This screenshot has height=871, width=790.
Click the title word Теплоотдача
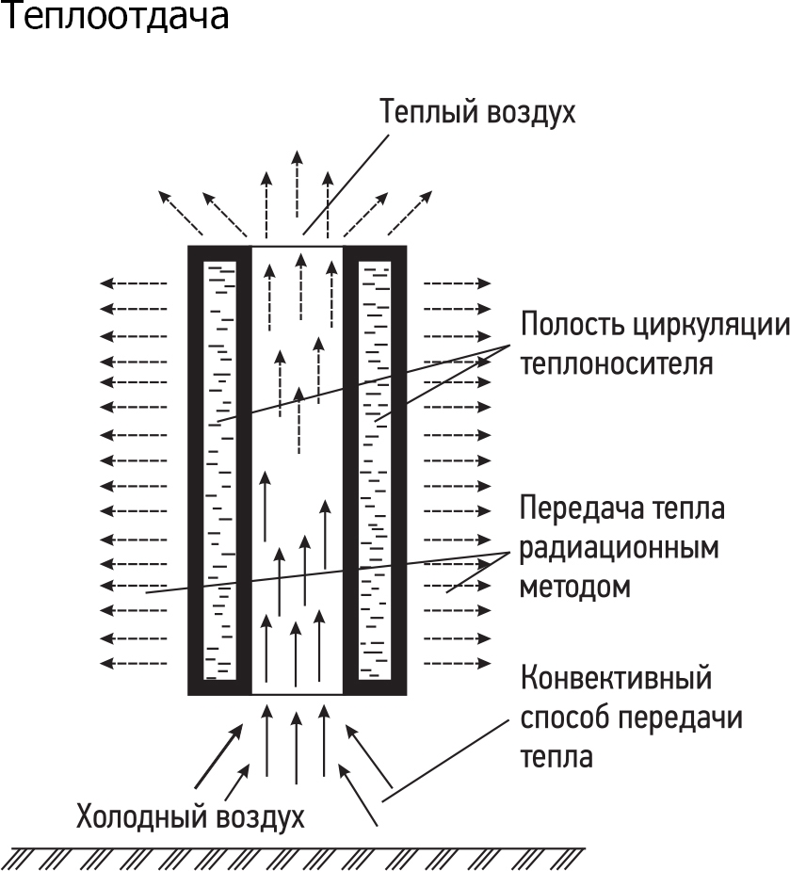pyautogui.click(x=115, y=16)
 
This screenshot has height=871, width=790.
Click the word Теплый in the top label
pyautogui.click(x=428, y=112)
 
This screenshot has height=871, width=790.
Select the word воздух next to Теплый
pyautogui.click(x=531, y=113)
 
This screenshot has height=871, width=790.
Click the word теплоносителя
pyautogui.click(x=617, y=364)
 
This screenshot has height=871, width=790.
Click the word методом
pyautogui.click(x=575, y=587)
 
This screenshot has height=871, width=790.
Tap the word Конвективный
pyautogui.click(x=616, y=677)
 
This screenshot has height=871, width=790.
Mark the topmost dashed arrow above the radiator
pyautogui.click(x=298, y=184)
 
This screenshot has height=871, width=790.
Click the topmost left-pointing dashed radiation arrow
pyautogui.click(x=134, y=283)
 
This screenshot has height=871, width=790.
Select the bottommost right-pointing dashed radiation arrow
pyautogui.click(x=458, y=663)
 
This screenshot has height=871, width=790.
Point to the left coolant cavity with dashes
pyautogui.click(x=220, y=471)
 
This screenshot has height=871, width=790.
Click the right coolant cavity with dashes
pyautogui.click(x=375, y=471)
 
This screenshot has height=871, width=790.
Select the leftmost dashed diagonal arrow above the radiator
pyautogui.click(x=181, y=213)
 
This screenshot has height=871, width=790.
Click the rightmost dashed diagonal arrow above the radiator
pyautogui.click(x=410, y=214)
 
